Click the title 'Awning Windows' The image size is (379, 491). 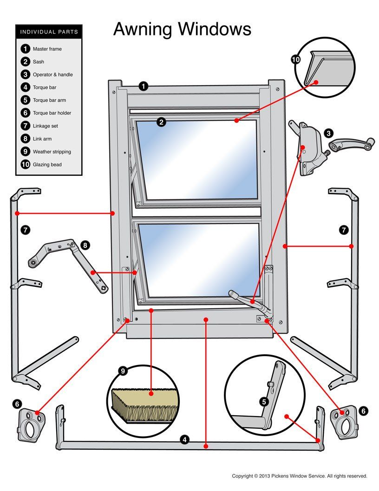click(182, 29)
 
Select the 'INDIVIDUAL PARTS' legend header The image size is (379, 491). click(49, 32)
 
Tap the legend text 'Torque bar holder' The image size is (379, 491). click(52, 113)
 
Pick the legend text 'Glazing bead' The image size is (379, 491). click(47, 165)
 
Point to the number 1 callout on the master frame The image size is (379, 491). click(144, 86)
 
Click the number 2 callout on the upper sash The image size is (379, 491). click(161, 122)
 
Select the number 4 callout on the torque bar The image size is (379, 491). click(185, 439)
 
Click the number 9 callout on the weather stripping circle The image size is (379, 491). click(123, 371)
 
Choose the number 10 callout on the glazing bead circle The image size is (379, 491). click(296, 59)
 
